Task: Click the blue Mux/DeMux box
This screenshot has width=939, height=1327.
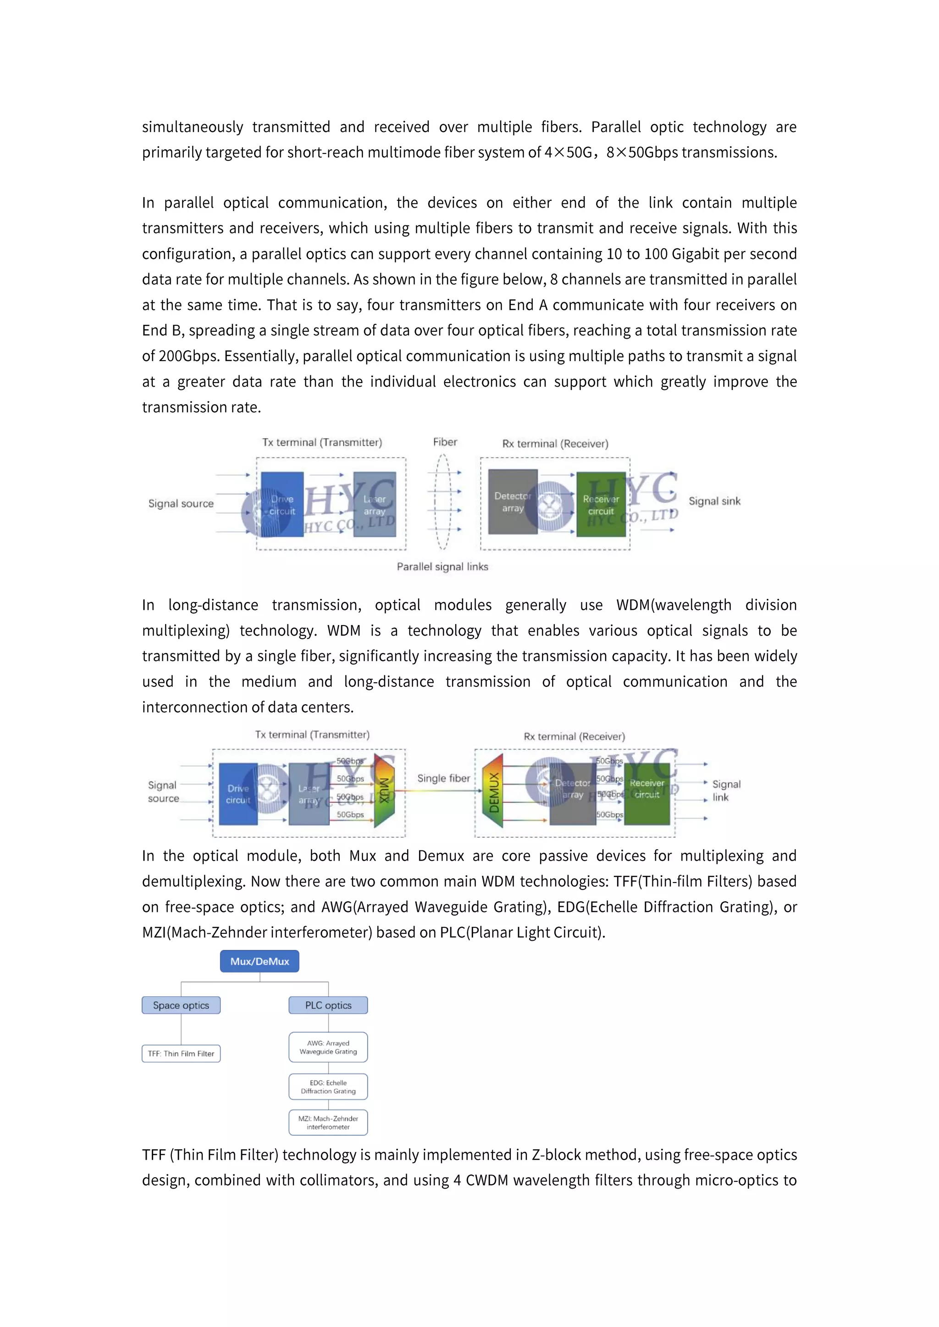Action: tap(259, 961)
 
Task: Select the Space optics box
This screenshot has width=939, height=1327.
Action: tap(181, 1005)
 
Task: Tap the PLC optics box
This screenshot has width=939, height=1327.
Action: tap(328, 1005)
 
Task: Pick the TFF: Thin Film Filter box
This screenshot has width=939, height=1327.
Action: tap(181, 1053)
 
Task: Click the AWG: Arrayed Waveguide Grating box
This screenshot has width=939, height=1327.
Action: tap(328, 1047)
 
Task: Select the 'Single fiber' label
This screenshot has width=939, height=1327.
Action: tap(443, 779)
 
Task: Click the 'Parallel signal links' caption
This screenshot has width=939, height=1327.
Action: tap(442, 566)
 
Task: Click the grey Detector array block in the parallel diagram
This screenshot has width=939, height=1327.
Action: tap(512, 502)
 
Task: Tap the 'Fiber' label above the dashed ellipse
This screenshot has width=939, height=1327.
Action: tap(445, 442)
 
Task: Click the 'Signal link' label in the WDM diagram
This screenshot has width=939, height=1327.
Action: tap(726, 790)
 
